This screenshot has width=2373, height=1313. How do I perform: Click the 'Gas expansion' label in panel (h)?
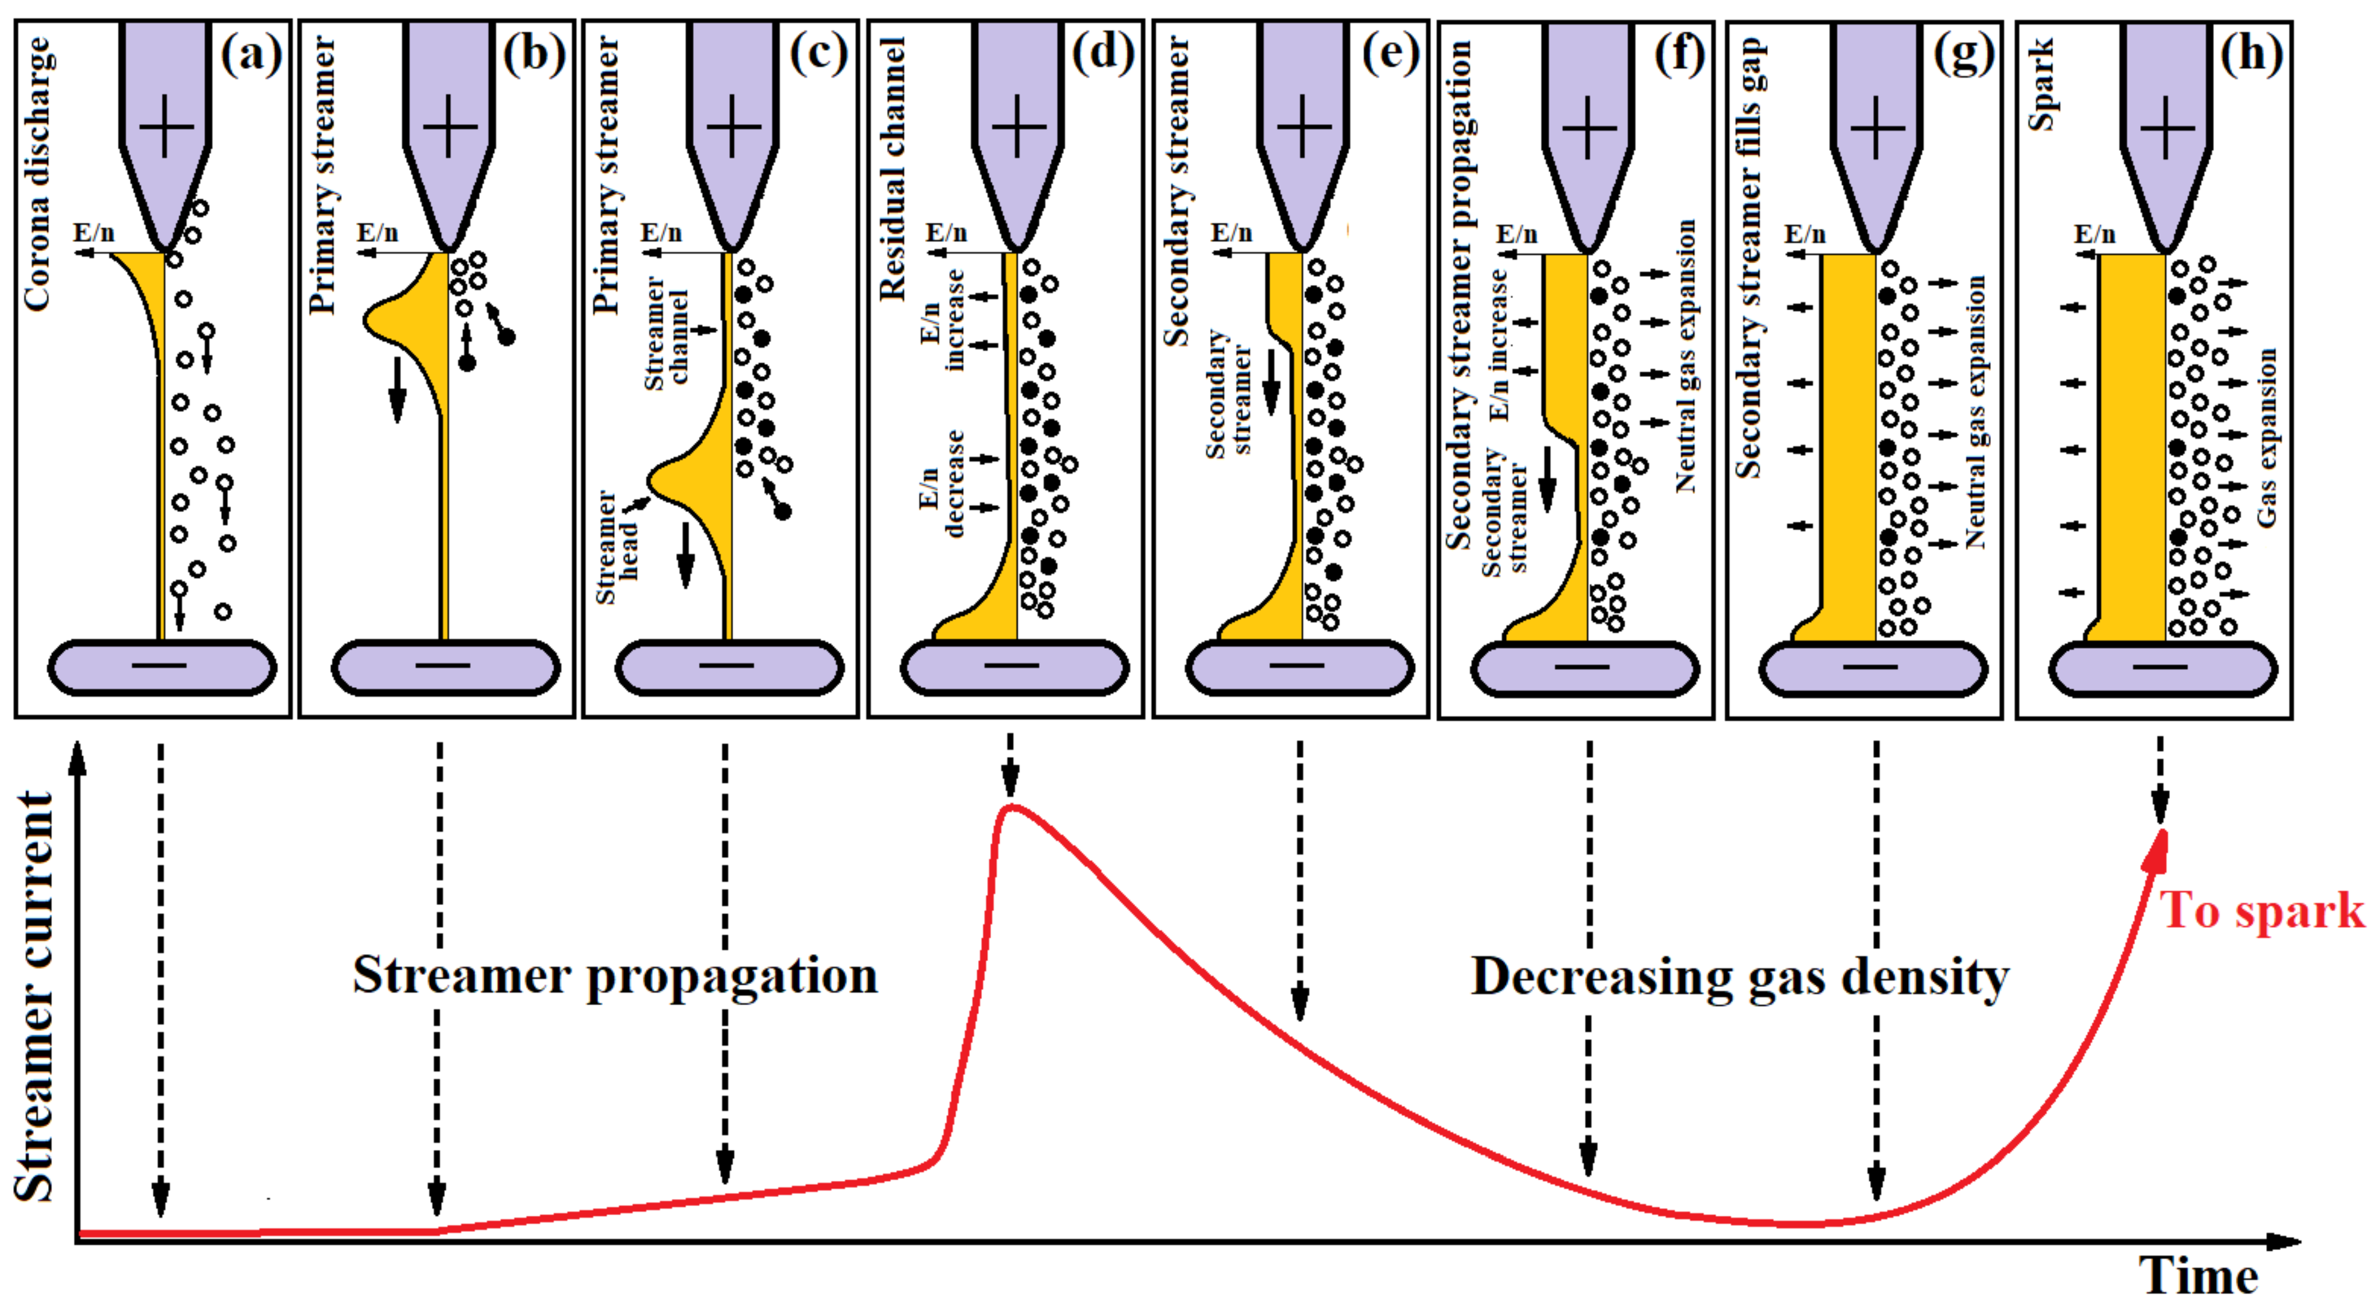[x=2267, y=438]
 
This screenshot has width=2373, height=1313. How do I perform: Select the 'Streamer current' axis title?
[x=35, y=995]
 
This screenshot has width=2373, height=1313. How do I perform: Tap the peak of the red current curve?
[x=1011, y=808]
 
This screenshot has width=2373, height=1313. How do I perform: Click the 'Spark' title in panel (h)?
[x=2041, y=85]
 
